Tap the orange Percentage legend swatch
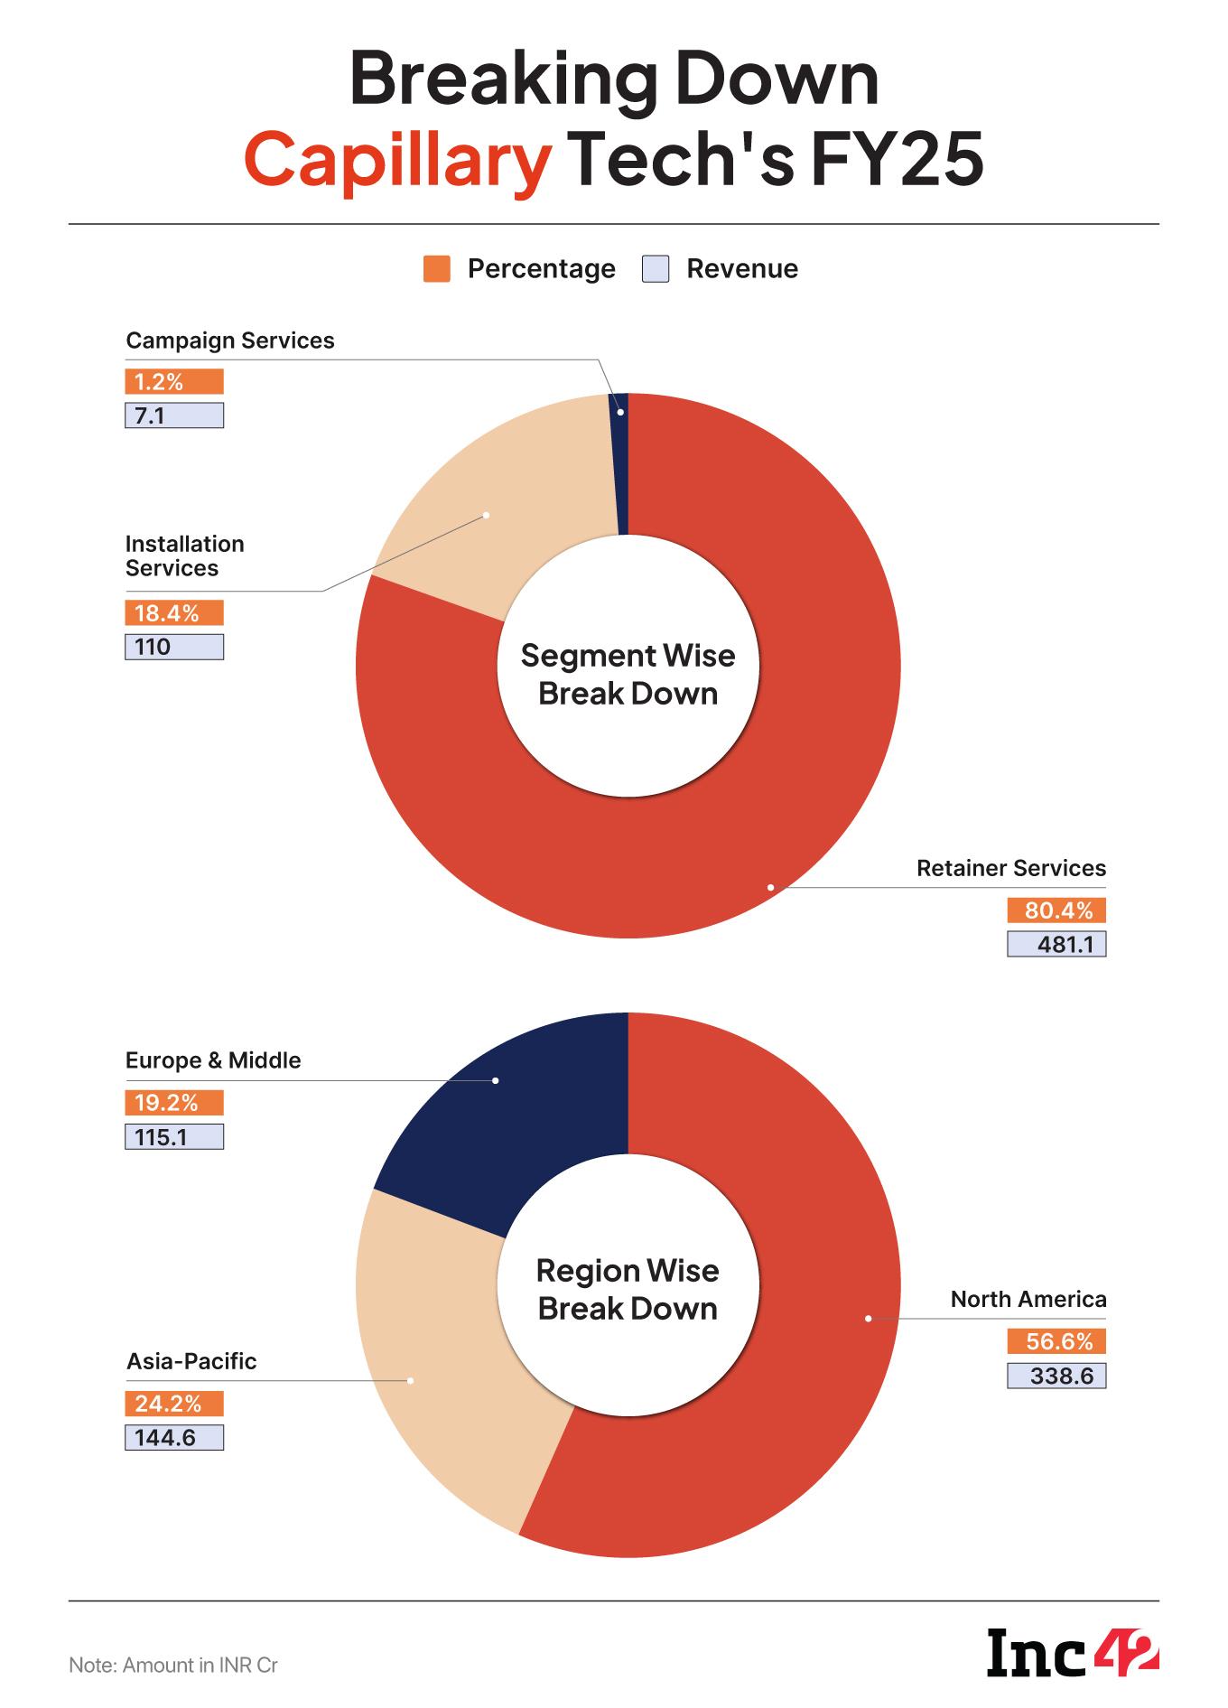(x=436, y=269)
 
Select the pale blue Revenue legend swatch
(x=656, y=269)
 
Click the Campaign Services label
(x=229, y=341)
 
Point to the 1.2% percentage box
(x=173, y=382)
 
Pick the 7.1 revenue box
(x=173, y=416)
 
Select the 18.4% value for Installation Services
(x=173, y=613)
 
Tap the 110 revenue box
(x=173, y=648)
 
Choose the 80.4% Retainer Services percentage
(x=1056, y=910)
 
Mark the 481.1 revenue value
(x=1056, y=945)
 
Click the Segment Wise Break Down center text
(x=628, y=675)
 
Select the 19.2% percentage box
(x=173, y=1103)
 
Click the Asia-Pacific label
(x=191, y=1361)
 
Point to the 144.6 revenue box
(x=173, y=1437)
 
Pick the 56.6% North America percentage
(x=1056, y=1342)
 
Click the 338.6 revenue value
(x=1056, y=1377)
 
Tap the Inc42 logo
(x=1073, y=1653)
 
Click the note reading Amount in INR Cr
(x=173, y=1665)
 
